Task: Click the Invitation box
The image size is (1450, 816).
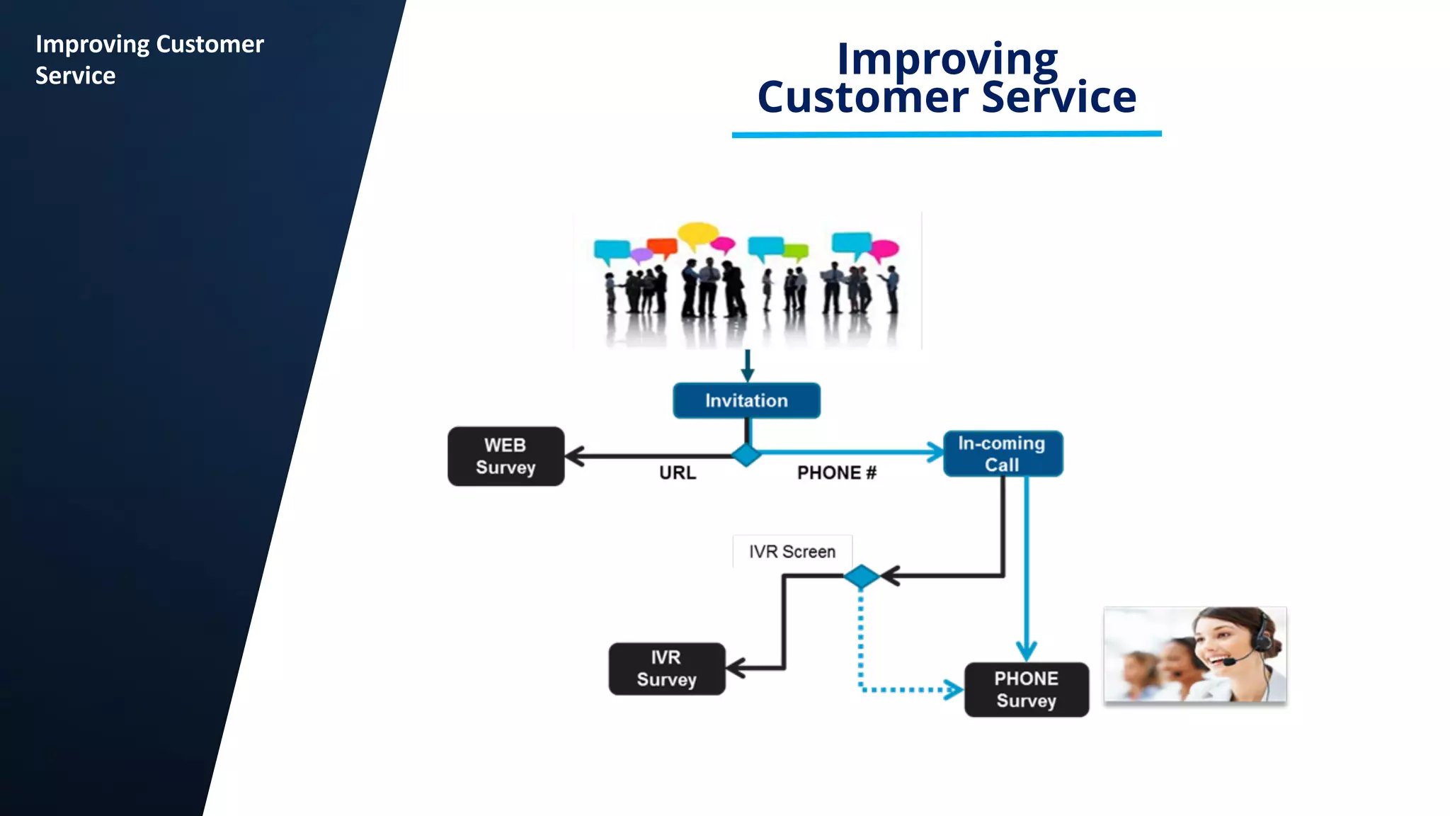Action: [x=746, y=401]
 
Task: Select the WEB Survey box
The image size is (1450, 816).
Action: [x=506, y=456]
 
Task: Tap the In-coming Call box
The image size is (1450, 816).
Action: [x=1003, y=454]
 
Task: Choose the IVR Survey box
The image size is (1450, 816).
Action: [x=666, y=669]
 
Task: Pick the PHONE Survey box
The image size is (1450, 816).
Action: [x=1026, y=689]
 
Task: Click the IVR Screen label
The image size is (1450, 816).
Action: [x=792, y=551]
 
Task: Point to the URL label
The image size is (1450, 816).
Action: [x=678, y=472]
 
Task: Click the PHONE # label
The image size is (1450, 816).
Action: [x=836, y=472]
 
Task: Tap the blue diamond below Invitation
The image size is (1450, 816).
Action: [x=746, y=455]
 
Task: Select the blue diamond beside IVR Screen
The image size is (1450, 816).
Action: [x=862, y=577]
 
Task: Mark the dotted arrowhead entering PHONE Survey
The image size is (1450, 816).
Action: [x=954, y=689]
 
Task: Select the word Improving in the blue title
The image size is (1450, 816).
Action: [x=947, y=59]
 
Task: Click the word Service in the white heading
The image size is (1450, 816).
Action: [x=75, y=76]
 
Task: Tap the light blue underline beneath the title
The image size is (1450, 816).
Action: [x=947, y=134]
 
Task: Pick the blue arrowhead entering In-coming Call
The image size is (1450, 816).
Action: [x=936, y=452]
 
